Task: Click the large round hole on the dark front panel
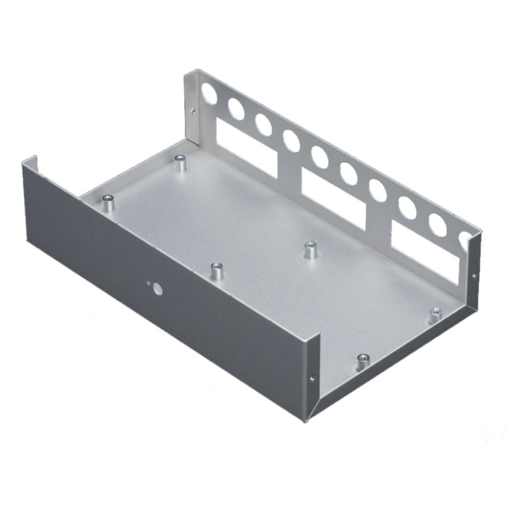coord(158,290)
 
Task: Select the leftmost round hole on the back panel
coord(208,93)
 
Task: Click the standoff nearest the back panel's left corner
coord(181,164)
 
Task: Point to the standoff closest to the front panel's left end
coord(108,202)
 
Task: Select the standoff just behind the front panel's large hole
coord(216,271)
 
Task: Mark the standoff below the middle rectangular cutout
coord(310,249)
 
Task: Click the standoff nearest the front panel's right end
coord(363,361)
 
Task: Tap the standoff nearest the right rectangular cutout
coord(435,314)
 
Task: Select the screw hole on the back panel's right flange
coord(474,275)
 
